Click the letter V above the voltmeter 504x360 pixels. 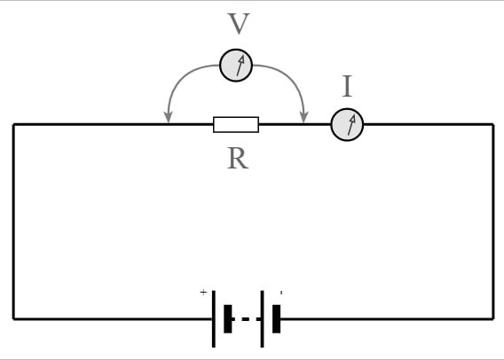point(238,23)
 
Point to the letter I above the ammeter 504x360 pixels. point(347,86)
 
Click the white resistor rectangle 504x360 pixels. point(236,125)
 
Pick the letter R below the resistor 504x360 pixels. point(238,159)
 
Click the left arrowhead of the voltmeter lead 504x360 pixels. point(169,117)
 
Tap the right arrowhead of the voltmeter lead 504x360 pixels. point(303,117)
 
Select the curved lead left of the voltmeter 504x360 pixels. point(182,77)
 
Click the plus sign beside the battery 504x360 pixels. point(203,293)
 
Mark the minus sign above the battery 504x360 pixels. point(281,293)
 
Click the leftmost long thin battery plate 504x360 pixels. point(214,319)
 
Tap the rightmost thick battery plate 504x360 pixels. point(277,319)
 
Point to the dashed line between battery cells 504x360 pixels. point(247,319)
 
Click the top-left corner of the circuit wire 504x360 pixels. point(13,125)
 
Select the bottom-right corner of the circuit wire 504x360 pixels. point(493,319)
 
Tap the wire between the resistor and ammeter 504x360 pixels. point(295,124)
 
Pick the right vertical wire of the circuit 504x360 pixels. point(493,222)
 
